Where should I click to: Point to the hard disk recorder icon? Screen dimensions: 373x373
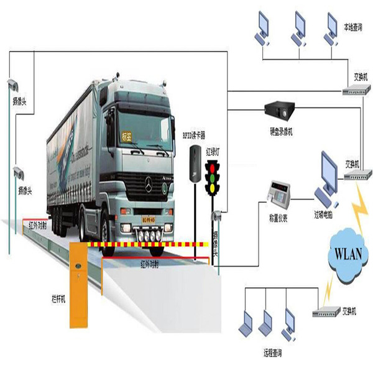click(280, 109)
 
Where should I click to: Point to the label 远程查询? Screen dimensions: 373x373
click(269, 352)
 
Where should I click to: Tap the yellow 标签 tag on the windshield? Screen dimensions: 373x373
click(127, 134)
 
